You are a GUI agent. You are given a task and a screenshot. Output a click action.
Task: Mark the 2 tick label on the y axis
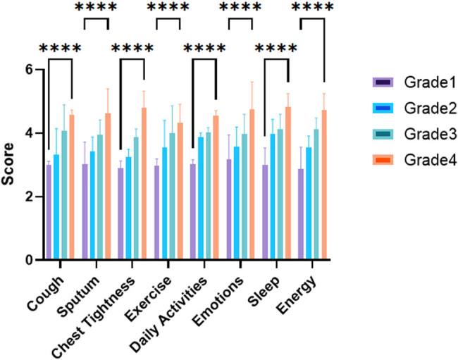[30, 197]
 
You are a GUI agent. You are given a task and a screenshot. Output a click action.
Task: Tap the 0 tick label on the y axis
[30, 260]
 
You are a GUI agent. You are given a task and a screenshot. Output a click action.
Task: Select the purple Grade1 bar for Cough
[49, 212]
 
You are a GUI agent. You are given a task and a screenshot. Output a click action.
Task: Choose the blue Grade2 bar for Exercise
[164, 204]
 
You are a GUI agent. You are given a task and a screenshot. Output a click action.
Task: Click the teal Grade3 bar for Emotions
[245, 197]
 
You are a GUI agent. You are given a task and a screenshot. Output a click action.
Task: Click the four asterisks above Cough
[60, 50]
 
